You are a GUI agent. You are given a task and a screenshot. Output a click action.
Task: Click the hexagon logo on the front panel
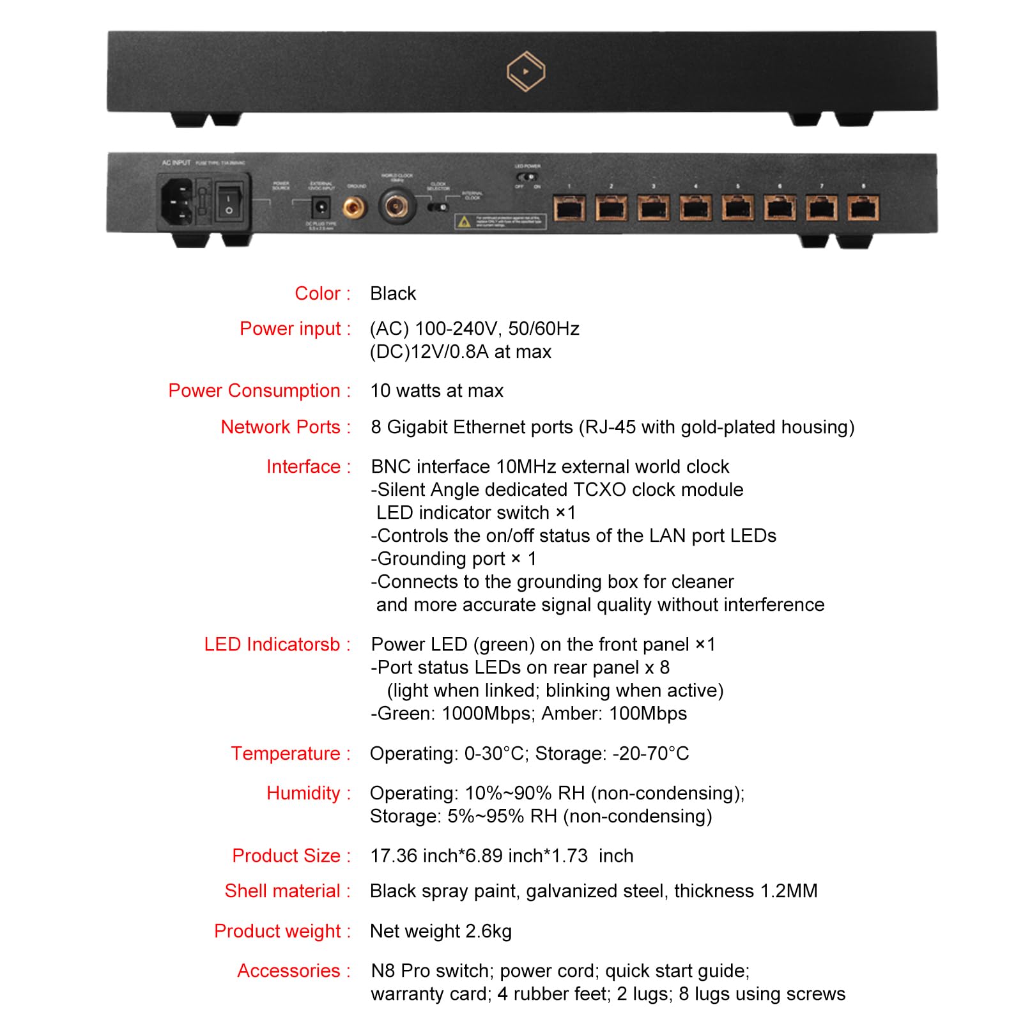[x=525, y=72]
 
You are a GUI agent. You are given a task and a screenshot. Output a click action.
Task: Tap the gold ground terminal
[x=353, y=207]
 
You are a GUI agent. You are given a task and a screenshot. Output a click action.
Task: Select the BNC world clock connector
[x=397, y=206]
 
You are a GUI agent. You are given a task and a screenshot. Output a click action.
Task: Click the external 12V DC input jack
[x=320, y=207]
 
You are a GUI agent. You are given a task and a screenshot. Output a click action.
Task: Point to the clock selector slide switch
[x=438, y=207]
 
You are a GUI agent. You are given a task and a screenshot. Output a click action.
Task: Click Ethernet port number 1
[x=569, y=208]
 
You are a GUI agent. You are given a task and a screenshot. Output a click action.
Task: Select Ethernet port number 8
[x=863, y=208]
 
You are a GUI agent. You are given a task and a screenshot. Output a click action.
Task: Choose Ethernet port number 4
[x=695, y=208]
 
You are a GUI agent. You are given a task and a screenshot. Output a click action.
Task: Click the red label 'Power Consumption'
[x=254, y=390]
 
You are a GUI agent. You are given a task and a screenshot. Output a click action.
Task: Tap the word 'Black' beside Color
[x=393, y=293]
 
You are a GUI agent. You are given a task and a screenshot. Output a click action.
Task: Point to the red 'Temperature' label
[x=285, y=753]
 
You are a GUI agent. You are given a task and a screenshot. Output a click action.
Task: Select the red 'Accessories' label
[x=288, y=971]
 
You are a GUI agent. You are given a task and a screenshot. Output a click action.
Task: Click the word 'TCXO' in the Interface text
[x=600, y=489]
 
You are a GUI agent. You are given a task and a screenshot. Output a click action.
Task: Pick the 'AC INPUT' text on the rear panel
[x=176, y=163]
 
